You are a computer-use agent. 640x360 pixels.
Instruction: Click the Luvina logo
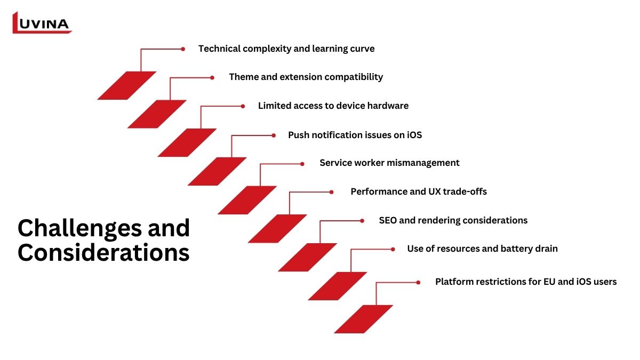click(42, 23)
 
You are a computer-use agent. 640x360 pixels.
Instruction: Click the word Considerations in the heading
click(103, 253)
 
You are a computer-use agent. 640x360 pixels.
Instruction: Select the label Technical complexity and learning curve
click(286, 49)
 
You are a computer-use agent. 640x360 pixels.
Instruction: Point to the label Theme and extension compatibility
click(306, 77)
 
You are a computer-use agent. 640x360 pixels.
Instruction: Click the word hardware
click(388, 106)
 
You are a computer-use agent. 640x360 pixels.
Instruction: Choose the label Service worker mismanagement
click(389, 163)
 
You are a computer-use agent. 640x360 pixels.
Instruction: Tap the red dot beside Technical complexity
click(183, 49)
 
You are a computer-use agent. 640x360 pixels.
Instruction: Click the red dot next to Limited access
click(243, 106)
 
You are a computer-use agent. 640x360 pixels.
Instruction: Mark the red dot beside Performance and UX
click(331, 192)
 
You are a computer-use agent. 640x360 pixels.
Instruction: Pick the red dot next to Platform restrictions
click(418, 283)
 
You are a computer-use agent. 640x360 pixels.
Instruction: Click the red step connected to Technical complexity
click(127, 85)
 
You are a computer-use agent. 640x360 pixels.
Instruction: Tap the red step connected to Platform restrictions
click(363, 319)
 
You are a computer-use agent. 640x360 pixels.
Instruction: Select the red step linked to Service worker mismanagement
click(247, 200)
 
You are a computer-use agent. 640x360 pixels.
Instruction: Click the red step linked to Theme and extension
click(157, 114)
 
